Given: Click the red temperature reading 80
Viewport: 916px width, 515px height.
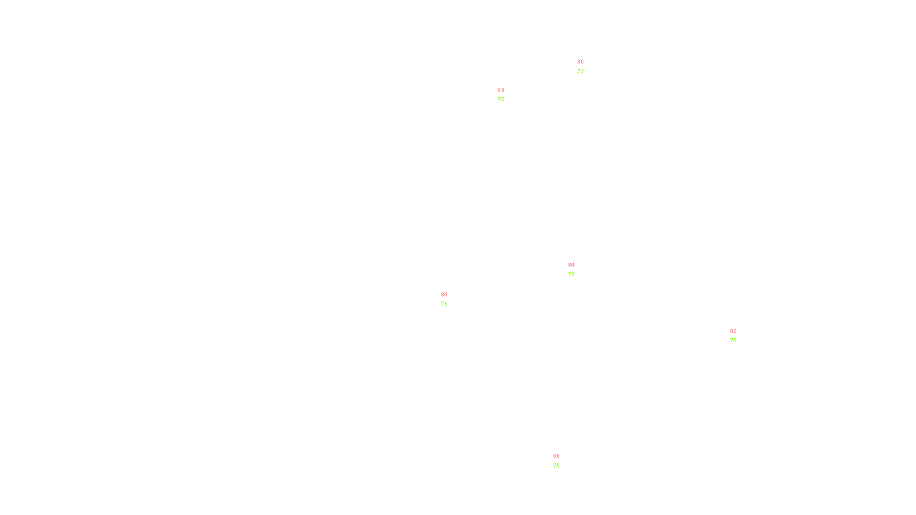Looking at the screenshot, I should click(581, 62).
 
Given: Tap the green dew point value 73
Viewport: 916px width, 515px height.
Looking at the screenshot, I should click(581, 72).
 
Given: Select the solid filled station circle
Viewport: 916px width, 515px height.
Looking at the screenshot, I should click(586, 67).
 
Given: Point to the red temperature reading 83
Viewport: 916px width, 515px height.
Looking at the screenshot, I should click(501, 90).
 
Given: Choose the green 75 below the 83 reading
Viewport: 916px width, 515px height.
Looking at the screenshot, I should click(501, 100).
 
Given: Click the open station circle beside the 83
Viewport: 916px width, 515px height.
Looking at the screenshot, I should click(507, 95).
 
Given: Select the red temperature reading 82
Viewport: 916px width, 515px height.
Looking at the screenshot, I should click(733, 331).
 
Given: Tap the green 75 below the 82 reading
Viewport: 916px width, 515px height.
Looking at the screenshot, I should click(733, 340).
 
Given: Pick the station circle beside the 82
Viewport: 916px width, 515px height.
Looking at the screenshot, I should click(739, 336).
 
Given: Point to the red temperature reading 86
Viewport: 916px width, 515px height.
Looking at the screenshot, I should click(556, 456).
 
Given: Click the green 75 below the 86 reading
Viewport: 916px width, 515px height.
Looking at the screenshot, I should click(556, 466).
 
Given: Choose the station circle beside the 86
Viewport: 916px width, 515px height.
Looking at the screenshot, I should click(562, 461).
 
